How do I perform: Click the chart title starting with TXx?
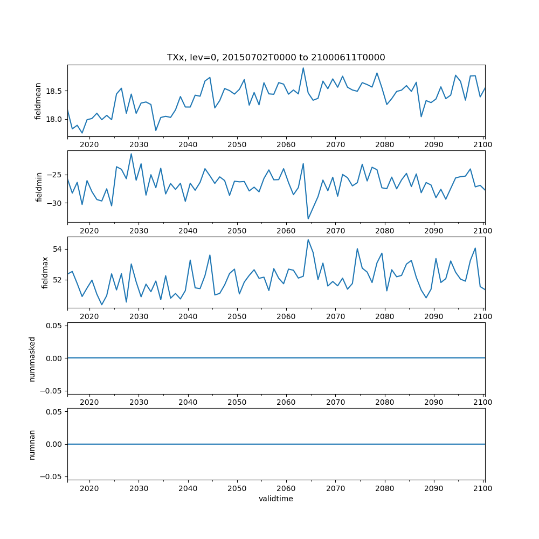276,58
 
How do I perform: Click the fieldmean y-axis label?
38,101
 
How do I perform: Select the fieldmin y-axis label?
39,186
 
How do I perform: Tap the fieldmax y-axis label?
45,272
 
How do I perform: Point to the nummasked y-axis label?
32,358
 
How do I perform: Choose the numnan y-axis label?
32,444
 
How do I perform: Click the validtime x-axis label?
276,499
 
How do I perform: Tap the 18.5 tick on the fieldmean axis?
54,91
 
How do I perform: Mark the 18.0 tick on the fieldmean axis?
54,120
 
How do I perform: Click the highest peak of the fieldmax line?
308,240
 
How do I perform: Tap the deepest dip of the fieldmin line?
308,218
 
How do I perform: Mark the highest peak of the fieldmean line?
303,68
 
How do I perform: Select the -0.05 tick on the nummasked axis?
52,390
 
